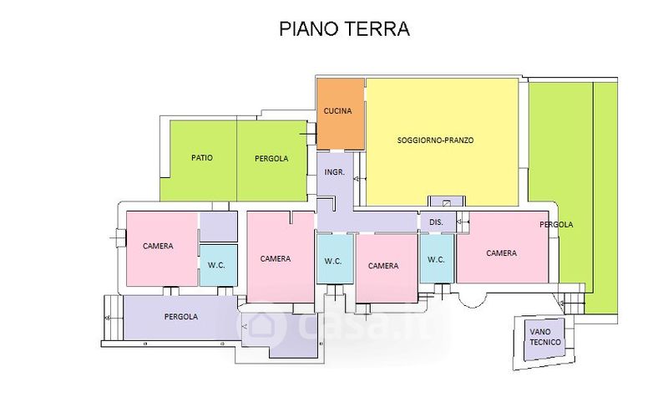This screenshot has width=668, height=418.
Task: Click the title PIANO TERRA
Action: [x=343, y=29]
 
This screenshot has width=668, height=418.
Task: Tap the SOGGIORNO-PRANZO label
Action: [x=435, y=140]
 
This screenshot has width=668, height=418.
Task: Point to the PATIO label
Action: [x=200, y=158]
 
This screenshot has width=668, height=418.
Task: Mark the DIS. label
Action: [x=435, y=222]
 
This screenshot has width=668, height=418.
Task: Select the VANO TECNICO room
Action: [x=544, y=338]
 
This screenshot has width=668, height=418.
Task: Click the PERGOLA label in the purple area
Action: [x=181, y=317]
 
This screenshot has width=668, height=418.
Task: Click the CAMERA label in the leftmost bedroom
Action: [x=158, y=246]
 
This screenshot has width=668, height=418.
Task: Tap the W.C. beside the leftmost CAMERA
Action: [x=217, y=265]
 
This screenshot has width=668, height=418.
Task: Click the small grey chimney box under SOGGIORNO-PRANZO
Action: [x=448, y=202]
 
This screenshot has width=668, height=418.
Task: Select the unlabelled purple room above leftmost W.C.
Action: [x=219, y=226]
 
